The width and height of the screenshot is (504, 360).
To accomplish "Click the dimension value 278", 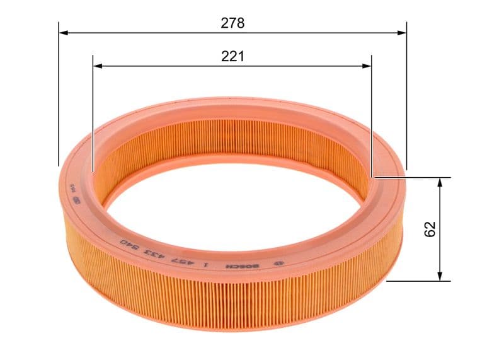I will (x=232, y=23).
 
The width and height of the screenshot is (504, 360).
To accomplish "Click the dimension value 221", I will (x=232, y=57).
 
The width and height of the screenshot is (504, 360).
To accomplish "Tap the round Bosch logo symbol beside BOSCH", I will (x=277, y=264).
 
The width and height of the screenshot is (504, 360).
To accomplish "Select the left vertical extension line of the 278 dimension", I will (x=59, y=95).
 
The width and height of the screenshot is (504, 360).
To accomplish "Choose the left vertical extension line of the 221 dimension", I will (x=93, y=113).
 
